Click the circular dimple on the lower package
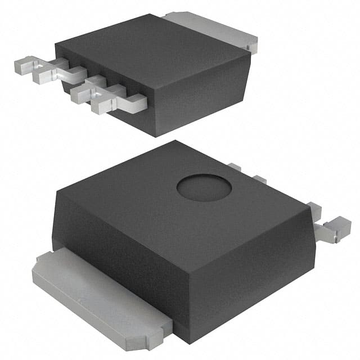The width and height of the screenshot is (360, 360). [x=204, y=188]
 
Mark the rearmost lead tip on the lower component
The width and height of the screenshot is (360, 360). [x=235, y=167]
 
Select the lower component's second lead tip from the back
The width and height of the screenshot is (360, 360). [x=259, y=179]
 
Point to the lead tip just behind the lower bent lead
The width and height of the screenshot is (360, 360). [x=316, y=211]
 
